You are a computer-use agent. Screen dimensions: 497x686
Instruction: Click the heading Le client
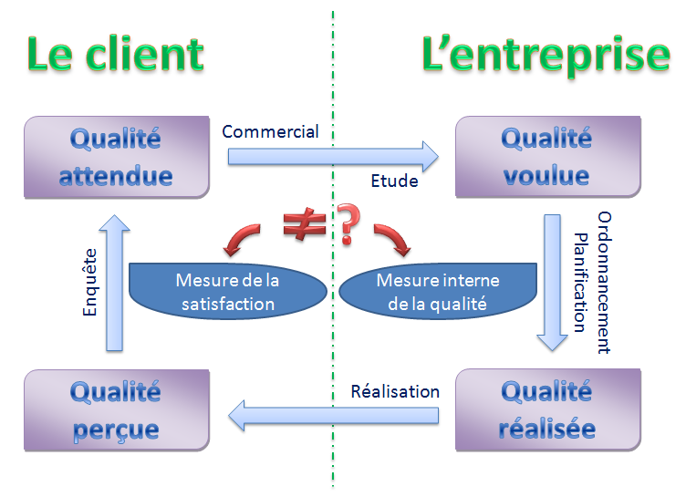(114, 55)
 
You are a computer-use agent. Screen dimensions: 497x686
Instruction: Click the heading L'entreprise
(546, 55)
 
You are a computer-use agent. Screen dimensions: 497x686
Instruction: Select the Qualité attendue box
(116, 156)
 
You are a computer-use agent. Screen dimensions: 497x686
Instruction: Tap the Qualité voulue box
(546, 156)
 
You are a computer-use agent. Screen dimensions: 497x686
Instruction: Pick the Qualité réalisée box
(546, 409)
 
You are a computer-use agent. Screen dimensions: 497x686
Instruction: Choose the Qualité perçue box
(116, 409)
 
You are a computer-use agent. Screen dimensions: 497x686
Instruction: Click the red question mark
(347, 226)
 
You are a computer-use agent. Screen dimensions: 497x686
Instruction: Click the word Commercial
(271, 131)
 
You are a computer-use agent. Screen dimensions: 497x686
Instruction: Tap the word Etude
(394, 181)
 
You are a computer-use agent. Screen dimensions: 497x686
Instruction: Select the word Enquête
(89, 284)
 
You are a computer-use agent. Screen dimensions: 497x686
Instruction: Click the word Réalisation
(395, 392)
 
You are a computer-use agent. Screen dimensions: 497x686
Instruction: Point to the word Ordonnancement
(604, 283)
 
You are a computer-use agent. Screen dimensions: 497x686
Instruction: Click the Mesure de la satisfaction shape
(227, 292)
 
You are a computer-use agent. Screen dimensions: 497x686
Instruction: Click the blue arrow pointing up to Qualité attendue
(116, 283)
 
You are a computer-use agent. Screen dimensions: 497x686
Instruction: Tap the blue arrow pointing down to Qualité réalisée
(552, 283)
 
